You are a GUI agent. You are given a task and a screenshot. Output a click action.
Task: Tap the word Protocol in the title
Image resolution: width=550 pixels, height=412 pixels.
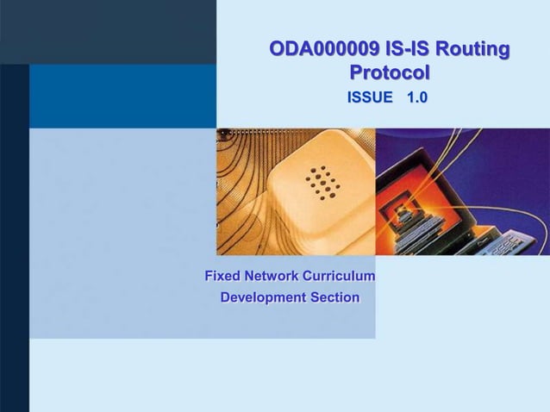[x=390, y=73]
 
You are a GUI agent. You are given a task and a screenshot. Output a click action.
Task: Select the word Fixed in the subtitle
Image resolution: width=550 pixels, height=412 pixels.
[x=222, y=277]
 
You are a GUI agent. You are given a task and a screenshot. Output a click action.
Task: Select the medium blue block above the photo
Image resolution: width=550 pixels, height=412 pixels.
[x=122, y=96]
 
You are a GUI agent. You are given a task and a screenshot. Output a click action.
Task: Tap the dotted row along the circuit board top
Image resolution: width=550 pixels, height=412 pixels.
[x=259, y=132]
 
